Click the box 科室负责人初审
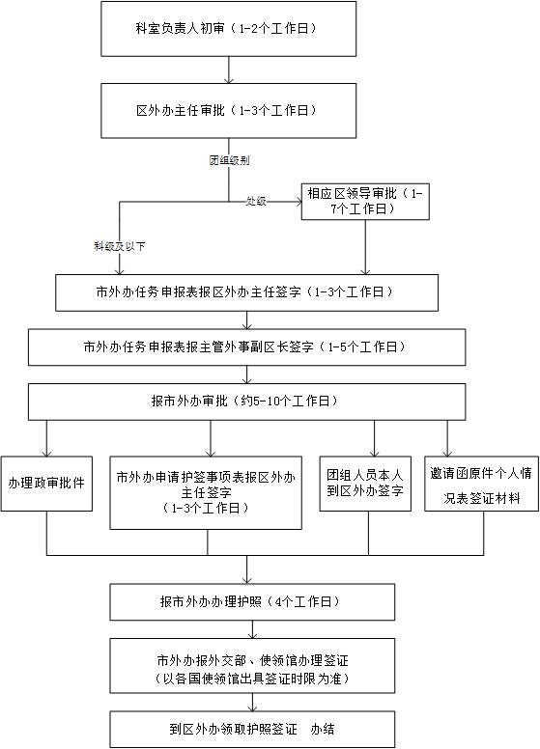pos(228,29)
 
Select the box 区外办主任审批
pos(228,111)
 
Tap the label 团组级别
pos(229,160)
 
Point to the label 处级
pos(256,201)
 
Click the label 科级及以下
pos(120,246)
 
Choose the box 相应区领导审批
pos(365,202)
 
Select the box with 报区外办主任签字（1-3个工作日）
pos(246,292)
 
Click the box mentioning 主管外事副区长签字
pos(246,347)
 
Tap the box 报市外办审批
pos(246,402)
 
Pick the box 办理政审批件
pos(46,484)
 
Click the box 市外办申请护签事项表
pos(206,492)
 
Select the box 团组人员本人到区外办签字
pos(365,484)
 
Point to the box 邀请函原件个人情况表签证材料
pos(481,484)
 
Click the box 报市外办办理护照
pos(252,602)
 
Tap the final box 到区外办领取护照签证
pos(252,730)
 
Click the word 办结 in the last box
pos(323,730)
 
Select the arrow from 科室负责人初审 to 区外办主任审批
pos(229,69)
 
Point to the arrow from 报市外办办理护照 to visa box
pos(252,629)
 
